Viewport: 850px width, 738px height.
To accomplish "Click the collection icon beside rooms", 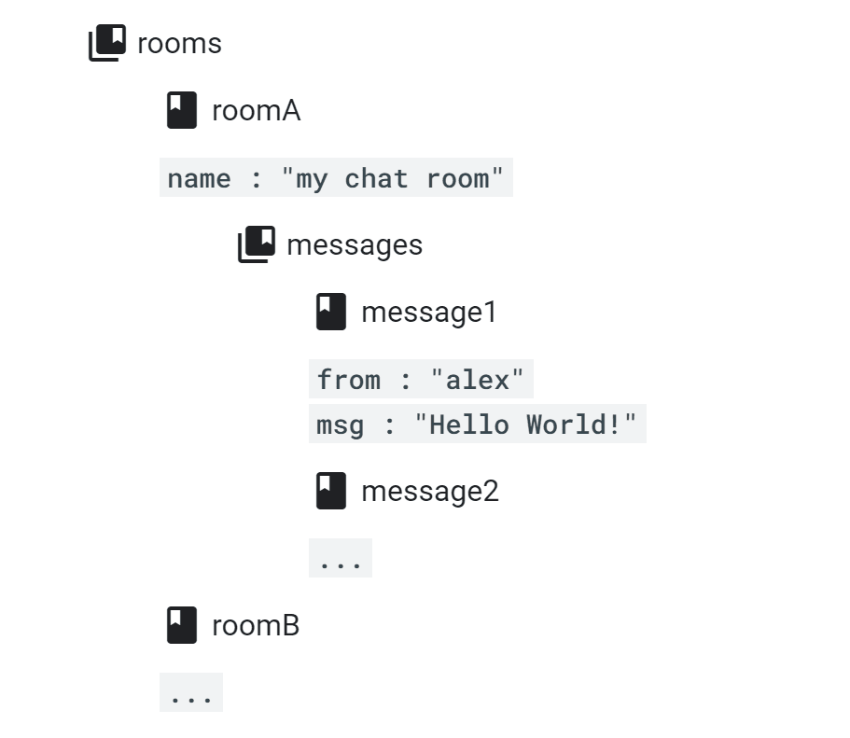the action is coord(106,43).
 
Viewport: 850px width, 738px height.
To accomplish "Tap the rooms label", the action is coord(179,44).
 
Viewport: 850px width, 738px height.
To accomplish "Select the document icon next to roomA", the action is coord(181,111).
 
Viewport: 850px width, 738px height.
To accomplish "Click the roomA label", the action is coord(256,111).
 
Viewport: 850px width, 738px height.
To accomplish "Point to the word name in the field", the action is coord(199,178).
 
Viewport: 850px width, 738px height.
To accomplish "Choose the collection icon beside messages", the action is coord(256,244).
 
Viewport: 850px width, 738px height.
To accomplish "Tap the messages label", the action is coord(355,245).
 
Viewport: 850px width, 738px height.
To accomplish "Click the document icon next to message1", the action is coord(330,312).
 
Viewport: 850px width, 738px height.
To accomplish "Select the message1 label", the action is coord(429,313).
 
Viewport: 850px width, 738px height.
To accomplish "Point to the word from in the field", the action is coord(348,380).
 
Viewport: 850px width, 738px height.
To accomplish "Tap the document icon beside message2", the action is coord(330,491).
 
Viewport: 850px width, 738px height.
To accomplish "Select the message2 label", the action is coord(429,492).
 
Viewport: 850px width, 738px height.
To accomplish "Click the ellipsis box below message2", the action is coord(341,559).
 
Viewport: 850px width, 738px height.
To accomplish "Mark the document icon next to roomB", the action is coord(181,625).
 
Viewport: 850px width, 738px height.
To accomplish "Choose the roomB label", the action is coord(256,625).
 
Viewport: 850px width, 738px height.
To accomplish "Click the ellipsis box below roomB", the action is coord(191,693).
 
